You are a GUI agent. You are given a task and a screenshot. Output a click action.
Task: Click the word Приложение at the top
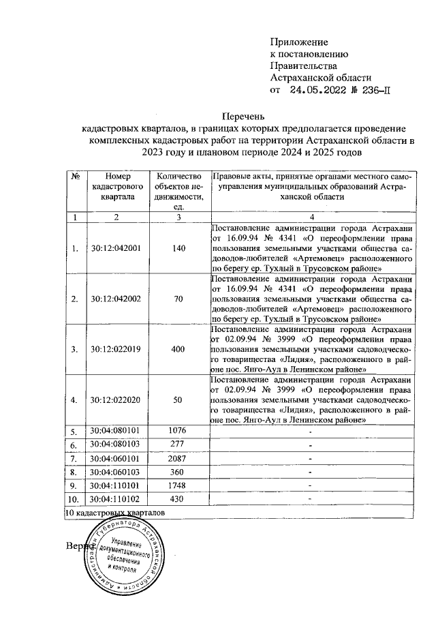point(299,42)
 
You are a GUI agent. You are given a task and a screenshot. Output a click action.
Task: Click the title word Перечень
point(245,117)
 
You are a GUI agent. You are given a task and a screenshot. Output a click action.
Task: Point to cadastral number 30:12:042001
point(116,248)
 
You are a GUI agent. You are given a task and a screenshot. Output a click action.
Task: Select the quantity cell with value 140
point(178,248)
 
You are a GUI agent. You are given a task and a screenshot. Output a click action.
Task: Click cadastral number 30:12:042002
point(116,299)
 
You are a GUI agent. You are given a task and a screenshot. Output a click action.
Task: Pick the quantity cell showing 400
point(178,349)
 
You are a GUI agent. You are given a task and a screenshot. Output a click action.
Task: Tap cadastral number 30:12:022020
point(116,400)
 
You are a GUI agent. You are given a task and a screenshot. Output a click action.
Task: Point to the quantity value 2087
point(178,458)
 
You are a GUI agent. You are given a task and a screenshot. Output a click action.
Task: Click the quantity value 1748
point(178,485)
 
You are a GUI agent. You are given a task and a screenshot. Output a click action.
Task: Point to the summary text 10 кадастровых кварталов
point(115,511)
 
